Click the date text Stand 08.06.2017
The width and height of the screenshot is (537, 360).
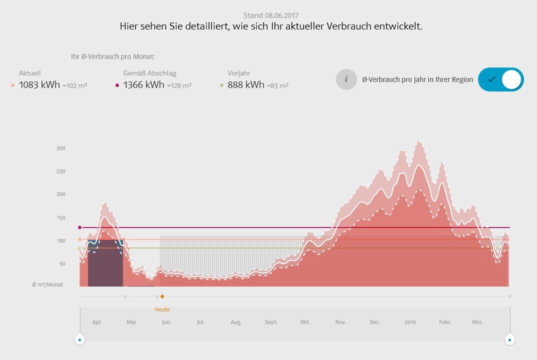[271, 15]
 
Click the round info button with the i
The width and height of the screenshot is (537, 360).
[346, 79]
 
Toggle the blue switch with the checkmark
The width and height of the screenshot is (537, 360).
[500, 79]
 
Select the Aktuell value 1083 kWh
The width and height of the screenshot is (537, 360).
[39, 85]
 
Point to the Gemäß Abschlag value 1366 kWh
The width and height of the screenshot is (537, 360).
[143, 85]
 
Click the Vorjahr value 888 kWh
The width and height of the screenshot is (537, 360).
[245, 85]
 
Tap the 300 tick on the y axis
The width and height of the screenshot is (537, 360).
[61, 148]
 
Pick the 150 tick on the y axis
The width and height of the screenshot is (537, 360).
[61, 218]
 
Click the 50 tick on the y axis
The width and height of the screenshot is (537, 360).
[62, 264]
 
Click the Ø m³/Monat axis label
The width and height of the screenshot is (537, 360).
[48, 284]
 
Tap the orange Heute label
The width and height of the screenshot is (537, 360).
[162, 309]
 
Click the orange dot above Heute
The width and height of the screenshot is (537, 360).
[162, 296]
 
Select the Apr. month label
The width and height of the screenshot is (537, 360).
[97, 322]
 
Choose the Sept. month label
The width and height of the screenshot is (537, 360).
[271, 322]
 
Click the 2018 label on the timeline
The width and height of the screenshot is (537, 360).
[410, 322]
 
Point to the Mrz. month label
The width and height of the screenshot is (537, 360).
[477, 322]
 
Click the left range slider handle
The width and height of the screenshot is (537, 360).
[79, 339]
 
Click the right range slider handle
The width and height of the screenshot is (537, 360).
[509, 339]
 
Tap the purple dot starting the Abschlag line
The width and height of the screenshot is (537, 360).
[79, 227]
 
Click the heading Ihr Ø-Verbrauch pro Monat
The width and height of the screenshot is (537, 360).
[113, 56]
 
